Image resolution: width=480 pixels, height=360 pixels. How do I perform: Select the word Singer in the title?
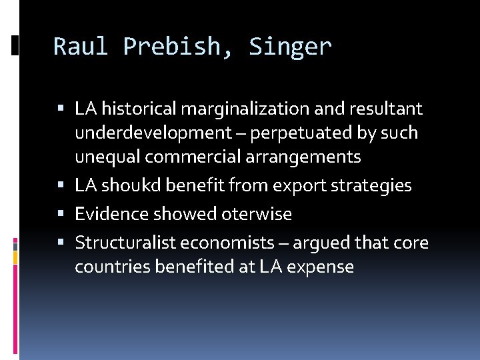(x=290, y=47)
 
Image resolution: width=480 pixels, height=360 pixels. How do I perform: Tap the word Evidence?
(x=111, y=214)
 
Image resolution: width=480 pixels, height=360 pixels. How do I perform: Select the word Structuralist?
(x=123, y=243)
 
